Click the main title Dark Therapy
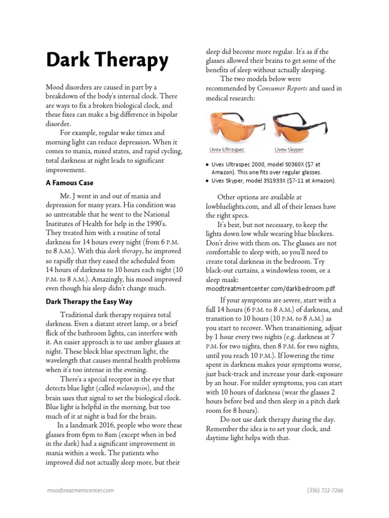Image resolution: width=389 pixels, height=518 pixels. pyautogui.click(x=107, y=61)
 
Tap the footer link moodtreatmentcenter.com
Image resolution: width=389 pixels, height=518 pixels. pyautogui.click(x=80, y=490)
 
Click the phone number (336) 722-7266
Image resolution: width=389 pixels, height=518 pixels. pyautogui.click(x=325, y=490)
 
